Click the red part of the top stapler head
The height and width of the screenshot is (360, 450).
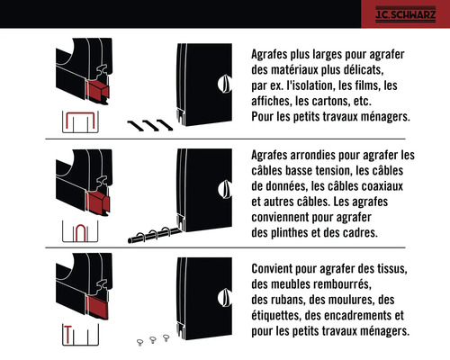pos(95,89)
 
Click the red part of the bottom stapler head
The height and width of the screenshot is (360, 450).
pos(90,309)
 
